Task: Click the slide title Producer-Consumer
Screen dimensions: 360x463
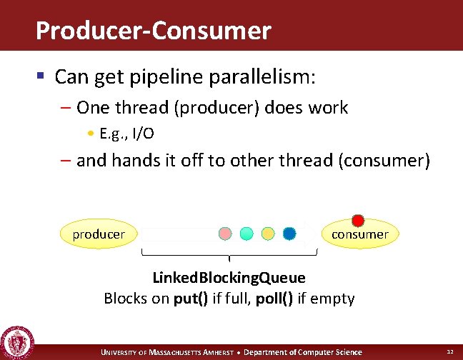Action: (153, 31)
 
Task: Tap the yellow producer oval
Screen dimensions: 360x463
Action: (99, 234)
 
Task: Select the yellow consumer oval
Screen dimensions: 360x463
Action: (359, 234)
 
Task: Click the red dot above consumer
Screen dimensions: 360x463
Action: (358, 221)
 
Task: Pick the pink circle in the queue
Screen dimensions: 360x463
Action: (225, 234)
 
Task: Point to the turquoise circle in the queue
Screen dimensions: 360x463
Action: (247, 234)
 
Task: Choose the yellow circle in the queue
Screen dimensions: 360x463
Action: (268, 234)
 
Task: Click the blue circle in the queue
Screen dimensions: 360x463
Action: (289, 234)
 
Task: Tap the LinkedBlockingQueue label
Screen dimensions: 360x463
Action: (229, 278)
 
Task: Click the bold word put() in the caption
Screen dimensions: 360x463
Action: (191, 299)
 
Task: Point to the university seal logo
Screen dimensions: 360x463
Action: (16, 341)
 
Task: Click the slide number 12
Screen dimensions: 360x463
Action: (449, 352)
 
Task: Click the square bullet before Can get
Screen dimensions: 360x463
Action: (42, 75)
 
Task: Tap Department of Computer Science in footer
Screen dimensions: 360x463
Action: (304, 352)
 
